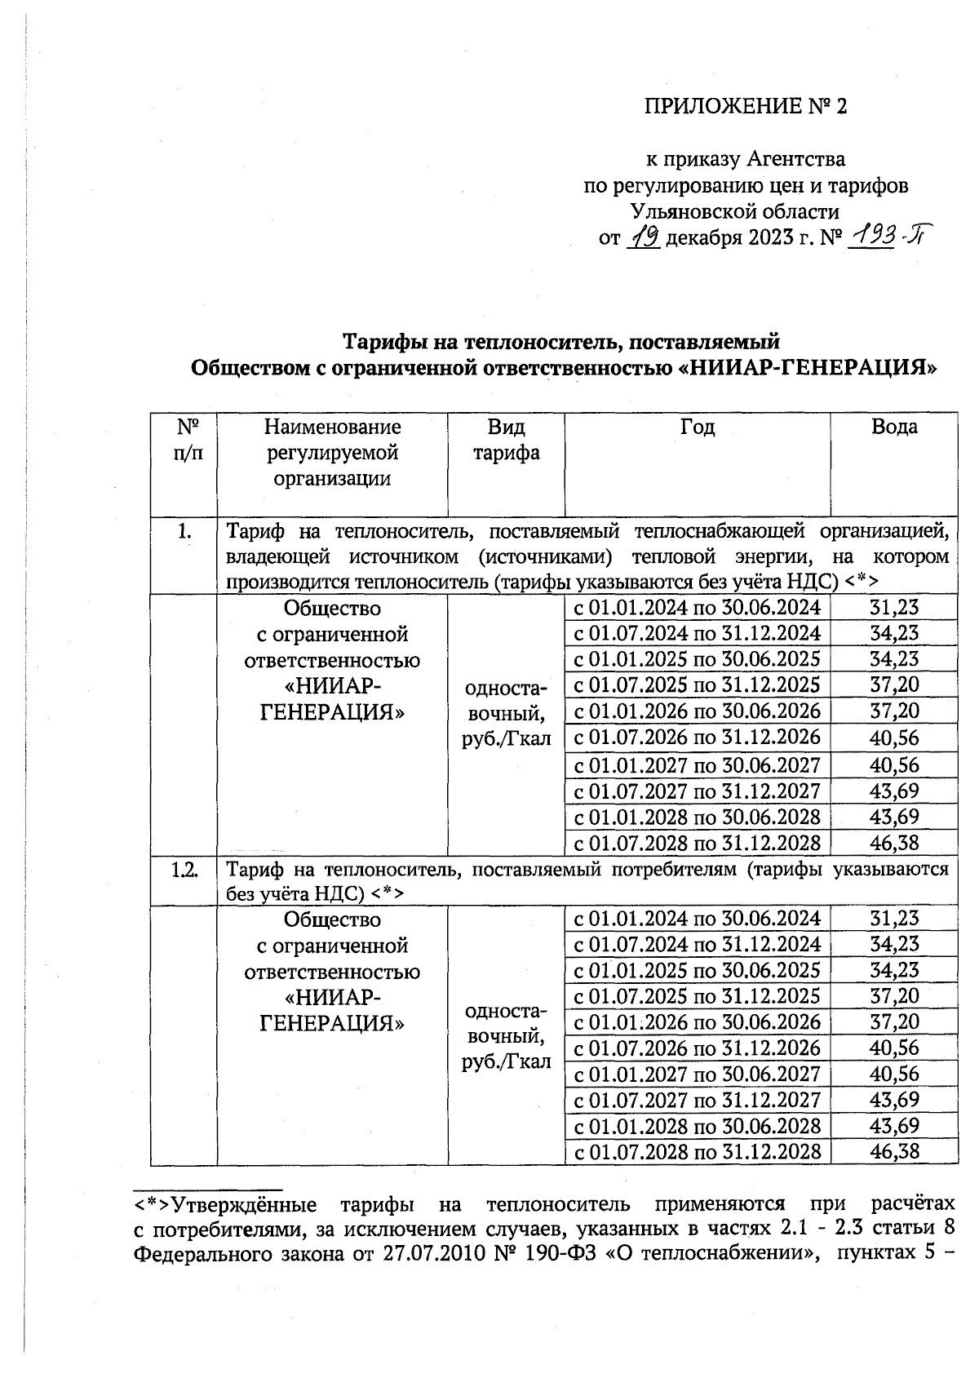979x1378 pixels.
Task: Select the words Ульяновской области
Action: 734,212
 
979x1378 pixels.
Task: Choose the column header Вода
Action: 894,427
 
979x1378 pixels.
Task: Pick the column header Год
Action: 698,427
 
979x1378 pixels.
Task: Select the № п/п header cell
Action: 184,440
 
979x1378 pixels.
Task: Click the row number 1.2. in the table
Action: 184,869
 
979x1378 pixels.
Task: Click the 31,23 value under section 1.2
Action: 894,918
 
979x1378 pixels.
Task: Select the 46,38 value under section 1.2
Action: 894,1151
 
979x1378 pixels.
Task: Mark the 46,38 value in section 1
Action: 894,842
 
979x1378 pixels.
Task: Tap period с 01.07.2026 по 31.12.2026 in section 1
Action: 698,738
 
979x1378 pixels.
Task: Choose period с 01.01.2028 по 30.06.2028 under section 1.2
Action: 698,1126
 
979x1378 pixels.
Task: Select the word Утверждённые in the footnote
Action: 244,1204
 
